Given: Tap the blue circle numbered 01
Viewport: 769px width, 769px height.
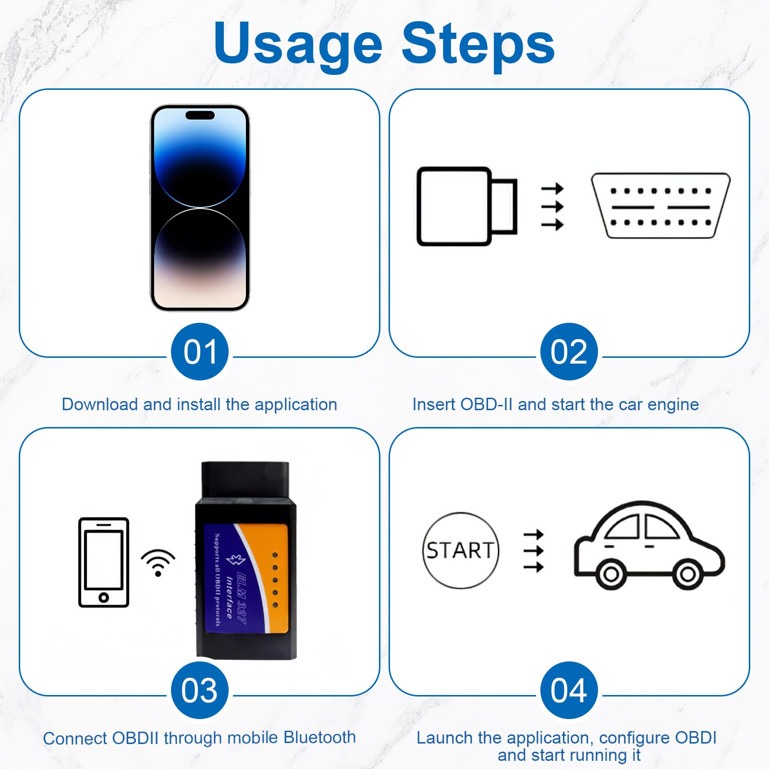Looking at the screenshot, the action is point(199,352).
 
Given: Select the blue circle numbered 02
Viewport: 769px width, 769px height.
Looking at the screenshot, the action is point(569,352).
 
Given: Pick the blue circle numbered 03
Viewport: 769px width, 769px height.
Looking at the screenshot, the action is point(199,690).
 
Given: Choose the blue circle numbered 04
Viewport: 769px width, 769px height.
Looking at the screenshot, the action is point(569,690).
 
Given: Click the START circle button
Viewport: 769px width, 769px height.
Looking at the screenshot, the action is point(460,550).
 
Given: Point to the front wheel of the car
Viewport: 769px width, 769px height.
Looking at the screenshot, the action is point(687,574).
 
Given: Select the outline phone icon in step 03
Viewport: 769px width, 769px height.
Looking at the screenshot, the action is point(104,562).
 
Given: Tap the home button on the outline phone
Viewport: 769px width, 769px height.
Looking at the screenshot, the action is point(104,598).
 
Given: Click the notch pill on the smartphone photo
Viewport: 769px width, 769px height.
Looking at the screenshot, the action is point(200,115).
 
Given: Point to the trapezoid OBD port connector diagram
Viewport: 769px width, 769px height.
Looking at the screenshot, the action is point(660,206).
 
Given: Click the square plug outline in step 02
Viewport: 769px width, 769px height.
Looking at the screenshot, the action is point(454,206).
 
